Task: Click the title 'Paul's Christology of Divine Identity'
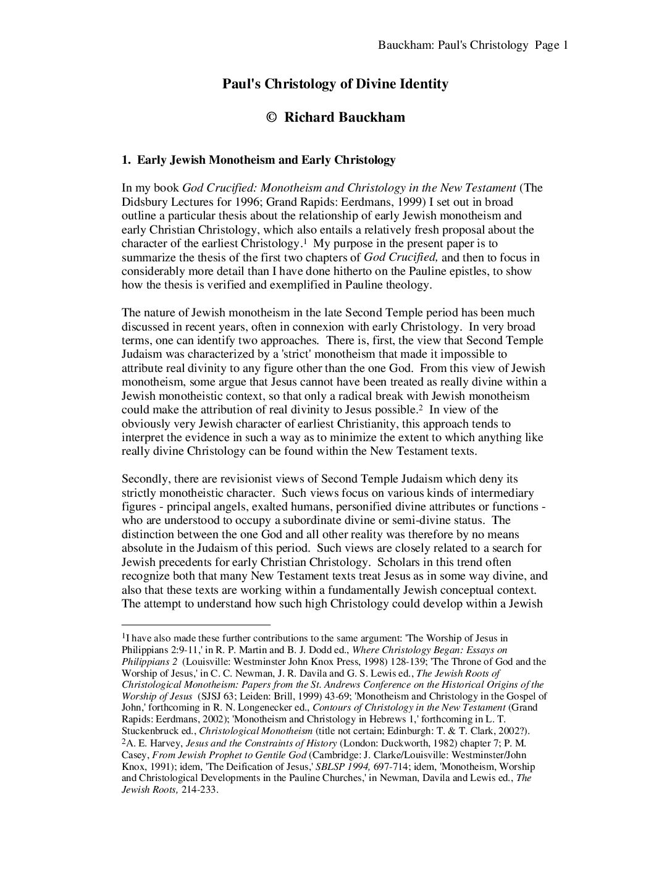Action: [335, 84]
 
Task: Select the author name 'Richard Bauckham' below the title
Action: [345, 117]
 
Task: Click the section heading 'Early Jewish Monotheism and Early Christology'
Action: [266, 160]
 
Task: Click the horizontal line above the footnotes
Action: [196, 625]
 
